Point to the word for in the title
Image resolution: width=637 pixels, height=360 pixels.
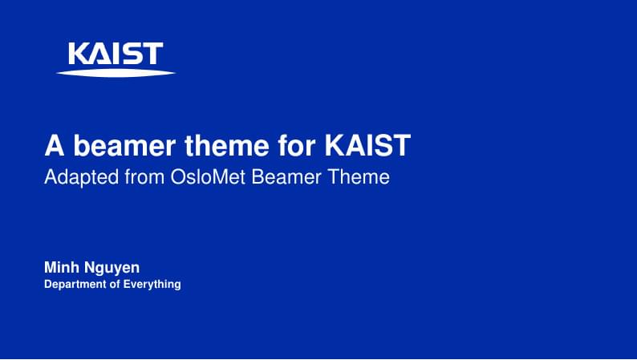[297, 145]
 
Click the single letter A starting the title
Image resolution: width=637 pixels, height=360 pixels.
[54, 145]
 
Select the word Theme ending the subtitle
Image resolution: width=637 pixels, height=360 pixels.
[359, 176]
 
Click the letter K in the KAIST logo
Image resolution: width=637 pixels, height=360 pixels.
[79, 54]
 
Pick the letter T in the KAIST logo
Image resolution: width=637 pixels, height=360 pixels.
[152, 54]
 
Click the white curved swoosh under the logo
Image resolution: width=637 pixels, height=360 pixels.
[116, 73]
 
